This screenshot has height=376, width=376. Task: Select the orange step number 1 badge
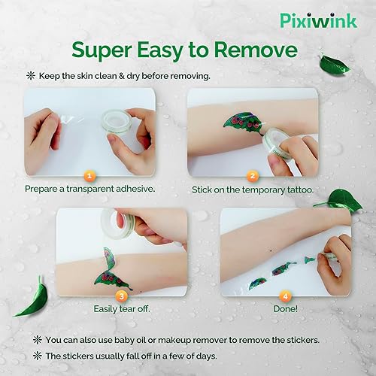[89, 175]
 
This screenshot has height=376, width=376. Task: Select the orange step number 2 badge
[253, 175]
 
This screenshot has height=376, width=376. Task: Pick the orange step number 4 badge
[286, 294]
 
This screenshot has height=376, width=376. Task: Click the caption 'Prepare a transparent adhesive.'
[90, 189]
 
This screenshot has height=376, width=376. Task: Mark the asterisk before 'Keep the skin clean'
[30, 76]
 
